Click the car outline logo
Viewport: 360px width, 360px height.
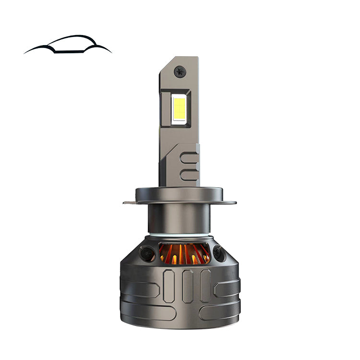tap(68, 45)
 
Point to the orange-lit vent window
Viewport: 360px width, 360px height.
tap(185, 253)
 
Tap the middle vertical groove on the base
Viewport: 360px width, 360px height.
tap(187, 285)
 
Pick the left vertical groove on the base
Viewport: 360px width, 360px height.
tap(168, 285)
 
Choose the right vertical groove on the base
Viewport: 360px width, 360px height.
tap(205, 285)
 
